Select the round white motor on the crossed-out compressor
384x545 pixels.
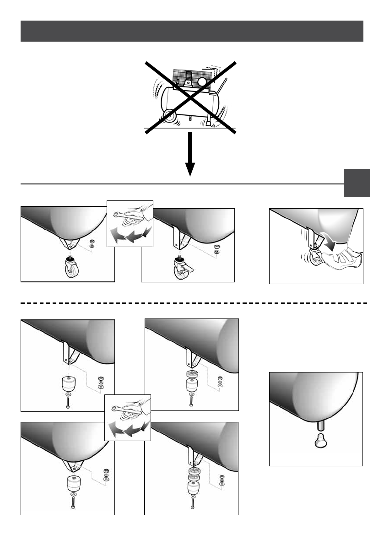point(202,82)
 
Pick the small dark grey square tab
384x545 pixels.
point(357,183)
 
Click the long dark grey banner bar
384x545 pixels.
point(192,31)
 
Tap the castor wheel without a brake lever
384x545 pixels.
point(71,268)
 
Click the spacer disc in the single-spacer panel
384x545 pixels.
point(192,375)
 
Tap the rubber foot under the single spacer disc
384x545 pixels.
point(192,386)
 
